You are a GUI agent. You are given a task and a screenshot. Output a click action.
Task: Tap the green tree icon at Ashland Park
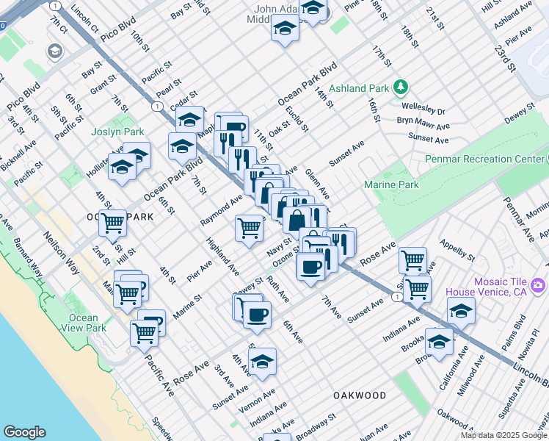coord(401,88)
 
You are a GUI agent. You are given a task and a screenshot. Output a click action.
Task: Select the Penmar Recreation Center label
coord(484,159)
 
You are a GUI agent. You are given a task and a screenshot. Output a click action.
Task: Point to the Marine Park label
coord(391,185)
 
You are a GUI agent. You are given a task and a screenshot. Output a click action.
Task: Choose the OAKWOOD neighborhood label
coord(360,395)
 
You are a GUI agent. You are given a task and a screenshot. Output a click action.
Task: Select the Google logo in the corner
coord(24,432)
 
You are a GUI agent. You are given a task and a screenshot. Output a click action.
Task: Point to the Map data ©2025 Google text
coord(503,435)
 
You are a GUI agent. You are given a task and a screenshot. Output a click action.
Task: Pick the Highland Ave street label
coord(222,252)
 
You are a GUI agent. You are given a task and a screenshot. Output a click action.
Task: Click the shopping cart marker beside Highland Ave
coord(249,229)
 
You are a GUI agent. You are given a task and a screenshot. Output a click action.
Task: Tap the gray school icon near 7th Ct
coord(54,51)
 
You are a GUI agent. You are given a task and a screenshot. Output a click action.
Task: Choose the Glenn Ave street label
coord(317,184)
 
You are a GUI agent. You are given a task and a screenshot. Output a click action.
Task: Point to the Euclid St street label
coord(298,118)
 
